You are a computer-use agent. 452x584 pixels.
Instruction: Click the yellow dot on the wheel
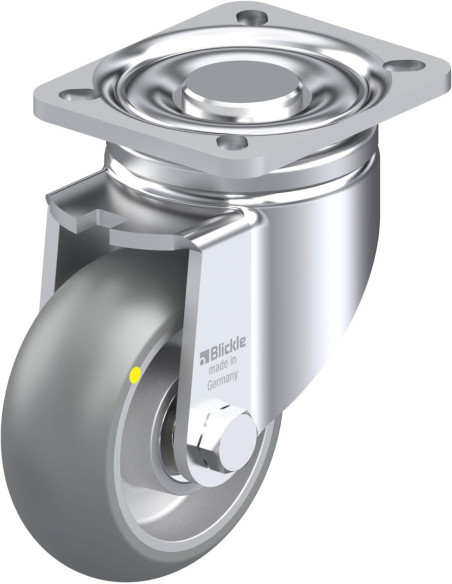point(135,375)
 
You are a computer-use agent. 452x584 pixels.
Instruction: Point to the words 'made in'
point(222,366)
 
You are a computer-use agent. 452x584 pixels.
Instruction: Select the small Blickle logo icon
point(204,356)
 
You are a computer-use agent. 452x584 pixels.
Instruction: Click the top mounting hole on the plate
point(253,16)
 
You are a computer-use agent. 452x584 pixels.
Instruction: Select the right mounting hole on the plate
point(404,66)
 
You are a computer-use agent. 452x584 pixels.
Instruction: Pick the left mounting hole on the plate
point(80,94)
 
